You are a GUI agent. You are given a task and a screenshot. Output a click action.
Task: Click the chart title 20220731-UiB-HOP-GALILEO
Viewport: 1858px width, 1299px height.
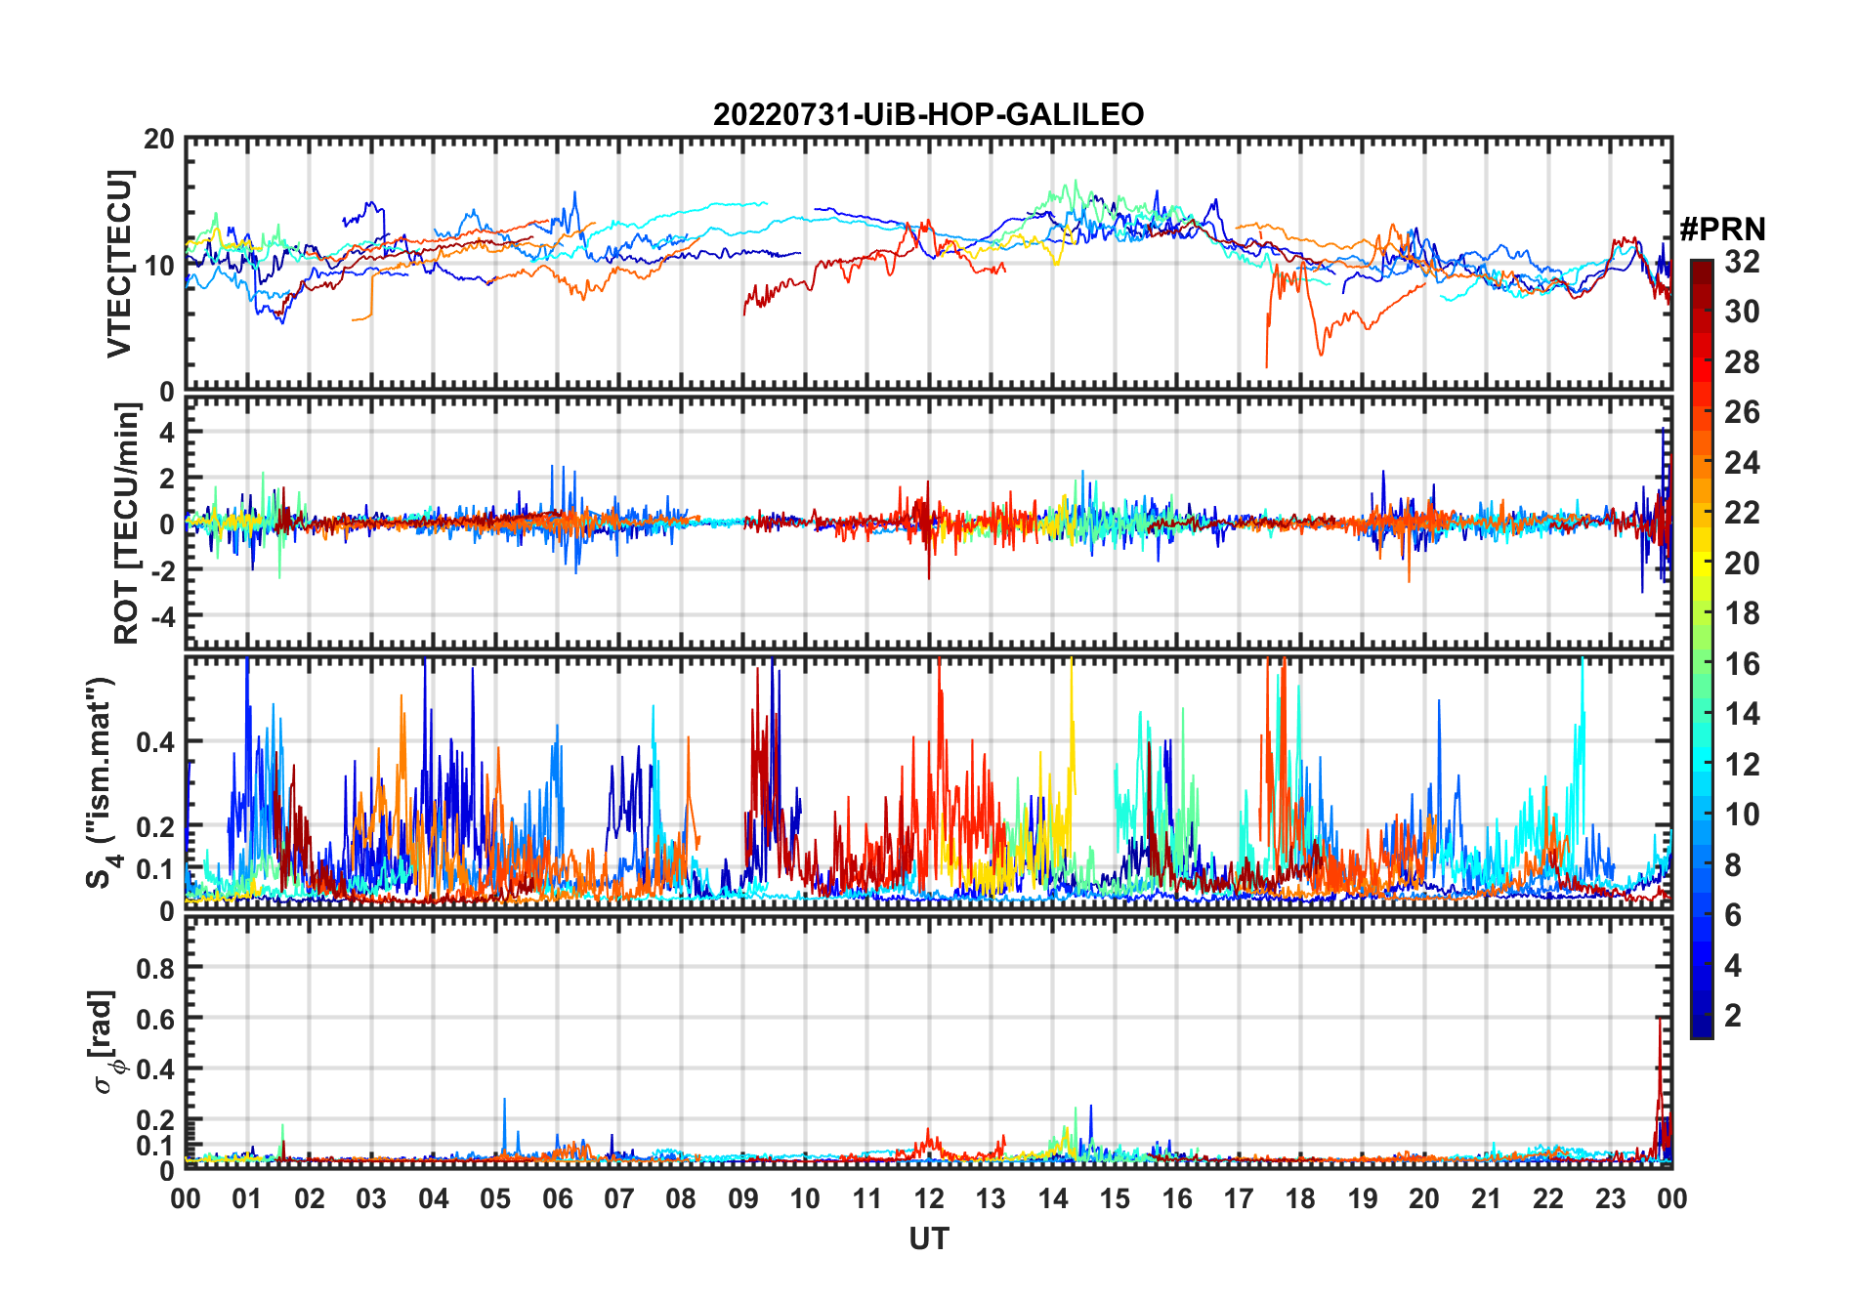click(x=928, y=115)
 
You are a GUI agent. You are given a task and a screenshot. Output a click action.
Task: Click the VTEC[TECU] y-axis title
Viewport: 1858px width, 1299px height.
click(x=119, y=264)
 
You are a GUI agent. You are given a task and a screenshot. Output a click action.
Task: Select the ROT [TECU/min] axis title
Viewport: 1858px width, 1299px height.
click(x=126, y=523)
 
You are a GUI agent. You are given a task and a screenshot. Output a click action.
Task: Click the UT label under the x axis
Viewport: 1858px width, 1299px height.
click(x=928, y=1238)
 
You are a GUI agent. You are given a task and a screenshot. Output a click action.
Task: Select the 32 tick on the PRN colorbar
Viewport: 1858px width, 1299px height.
click(x=1742, y=262)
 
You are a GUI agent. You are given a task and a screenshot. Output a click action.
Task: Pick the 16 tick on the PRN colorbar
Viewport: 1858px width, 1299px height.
click(x=1742, y=664)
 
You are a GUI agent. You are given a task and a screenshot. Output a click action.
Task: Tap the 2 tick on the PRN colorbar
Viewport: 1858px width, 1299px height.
click(x=1733, y=1016)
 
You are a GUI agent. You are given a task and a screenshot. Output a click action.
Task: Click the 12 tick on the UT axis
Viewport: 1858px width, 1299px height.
click(x=929, y=1198)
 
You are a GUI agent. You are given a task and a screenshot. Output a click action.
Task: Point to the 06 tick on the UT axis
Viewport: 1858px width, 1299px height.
click(x=557, y=1198)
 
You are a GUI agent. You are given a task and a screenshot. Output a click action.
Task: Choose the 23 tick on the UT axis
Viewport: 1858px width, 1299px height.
click(x=1610, y=1198)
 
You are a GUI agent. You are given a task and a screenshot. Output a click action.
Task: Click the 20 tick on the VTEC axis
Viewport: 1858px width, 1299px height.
click(x=159, y=140)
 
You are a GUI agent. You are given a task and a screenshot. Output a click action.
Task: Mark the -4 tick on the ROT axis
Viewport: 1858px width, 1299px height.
click(x=159, y=616)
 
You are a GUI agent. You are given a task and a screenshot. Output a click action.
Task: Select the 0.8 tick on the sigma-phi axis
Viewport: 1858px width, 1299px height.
click(x=155, y=968)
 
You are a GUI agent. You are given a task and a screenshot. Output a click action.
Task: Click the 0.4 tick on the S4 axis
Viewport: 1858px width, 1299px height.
click(x=155, y=742)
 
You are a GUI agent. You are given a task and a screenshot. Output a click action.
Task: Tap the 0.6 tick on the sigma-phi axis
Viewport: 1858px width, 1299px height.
click(x=155, y=1019)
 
